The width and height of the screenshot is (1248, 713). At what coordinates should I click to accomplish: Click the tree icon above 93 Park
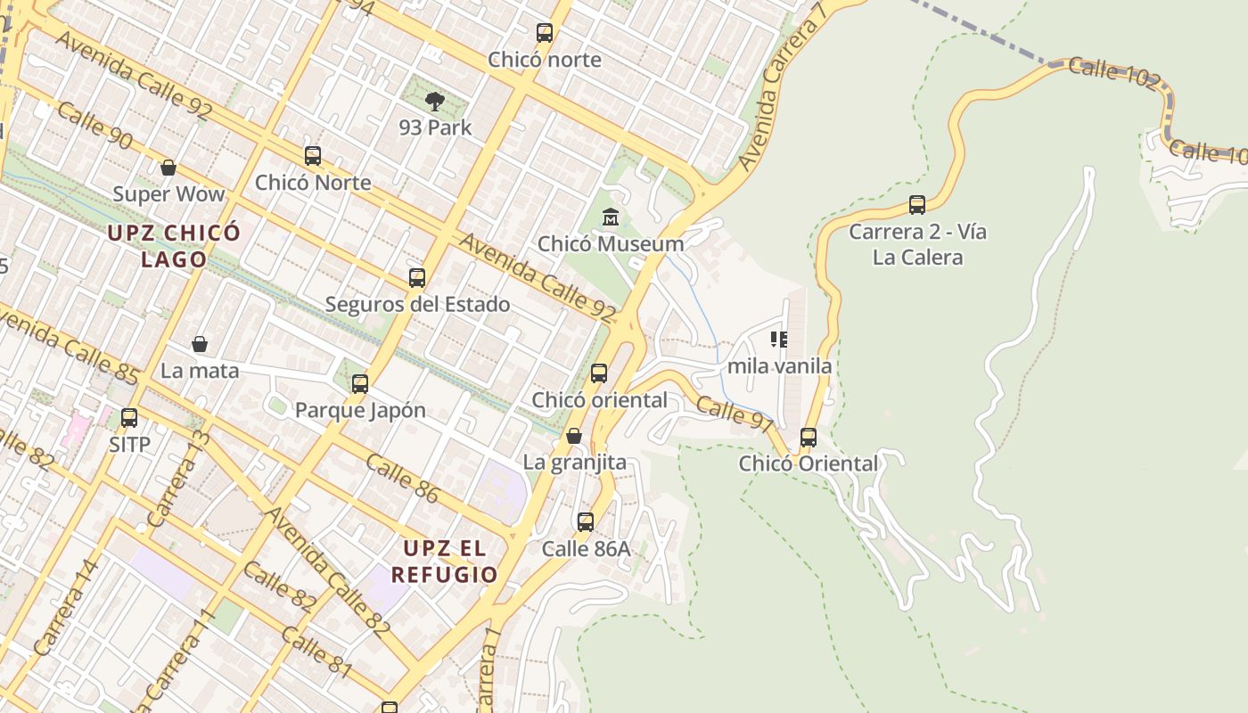coord(435,101)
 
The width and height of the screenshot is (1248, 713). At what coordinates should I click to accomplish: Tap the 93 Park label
coord(435,127)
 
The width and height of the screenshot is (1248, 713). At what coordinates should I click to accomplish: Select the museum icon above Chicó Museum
coord(611,217)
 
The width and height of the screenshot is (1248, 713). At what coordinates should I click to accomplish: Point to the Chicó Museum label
coord(611,243)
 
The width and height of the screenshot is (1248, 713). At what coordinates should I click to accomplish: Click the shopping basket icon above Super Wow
coord(168,168)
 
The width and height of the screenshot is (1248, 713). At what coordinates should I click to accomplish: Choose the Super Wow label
coord(168,194)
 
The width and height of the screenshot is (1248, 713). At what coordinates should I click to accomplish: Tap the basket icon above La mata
coord(200,344)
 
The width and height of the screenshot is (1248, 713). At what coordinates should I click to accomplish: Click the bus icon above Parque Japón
coord(360,384)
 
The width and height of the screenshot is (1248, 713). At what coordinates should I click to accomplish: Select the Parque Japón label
coord(360,411)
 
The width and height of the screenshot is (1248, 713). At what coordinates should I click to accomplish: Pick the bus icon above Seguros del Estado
coord(417,277)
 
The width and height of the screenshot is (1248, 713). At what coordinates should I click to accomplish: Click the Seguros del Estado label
coord(417,304)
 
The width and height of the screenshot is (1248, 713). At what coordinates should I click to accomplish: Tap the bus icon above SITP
coord(129,417)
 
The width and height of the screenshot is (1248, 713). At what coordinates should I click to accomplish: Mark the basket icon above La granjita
coord(574,436)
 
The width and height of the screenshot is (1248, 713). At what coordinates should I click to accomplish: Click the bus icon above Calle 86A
coord(586,522)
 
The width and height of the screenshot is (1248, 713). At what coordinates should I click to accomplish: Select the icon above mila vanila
coord(779,340)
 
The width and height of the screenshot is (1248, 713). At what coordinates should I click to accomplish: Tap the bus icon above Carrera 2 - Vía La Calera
coord(917,205)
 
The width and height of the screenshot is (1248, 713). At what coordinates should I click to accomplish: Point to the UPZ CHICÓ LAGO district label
coord(173,246)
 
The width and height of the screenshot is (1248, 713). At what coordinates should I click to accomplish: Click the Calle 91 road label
coord(735,415)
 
